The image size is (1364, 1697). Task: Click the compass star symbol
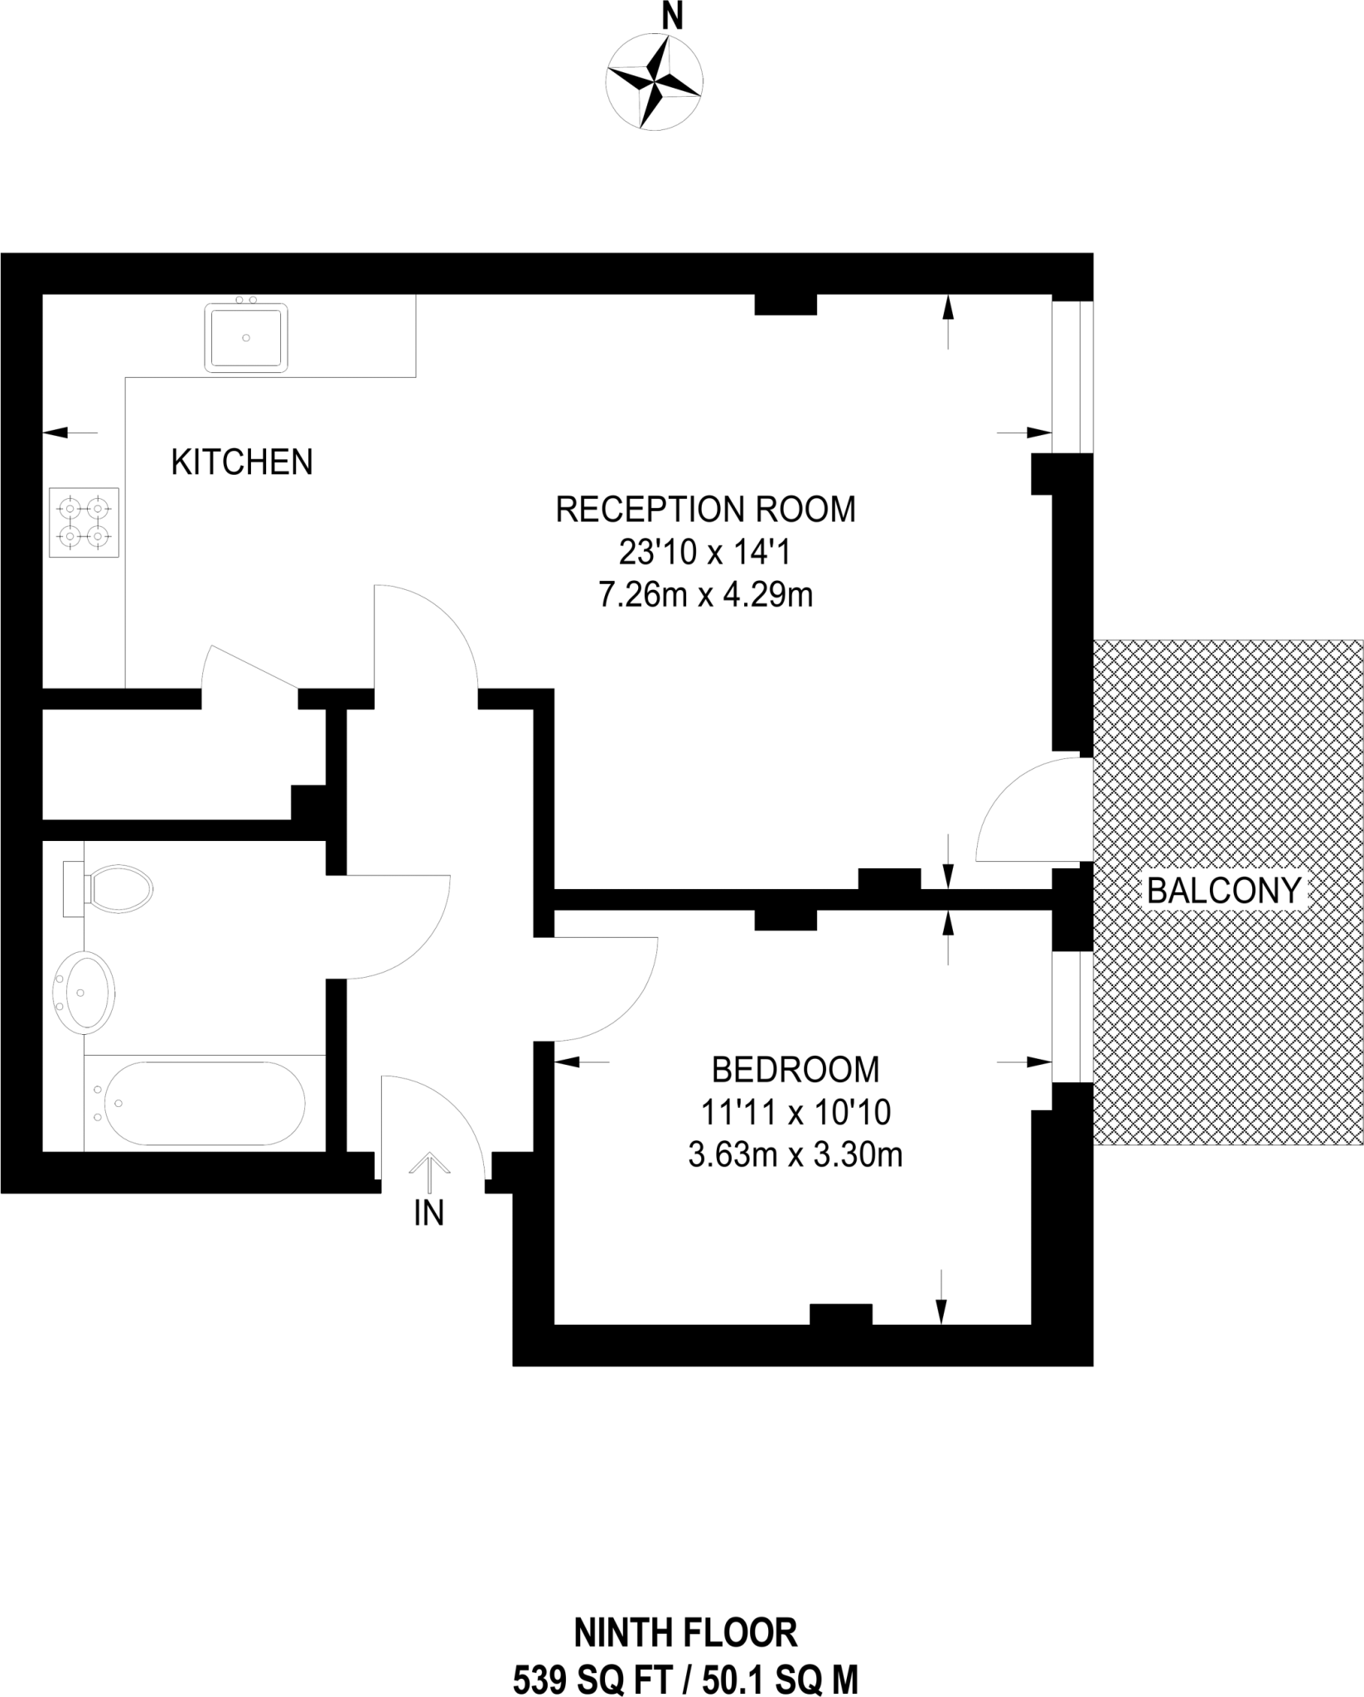tap(655, 82)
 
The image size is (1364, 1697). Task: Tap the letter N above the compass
tap(672, 17)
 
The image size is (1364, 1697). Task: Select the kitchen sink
tap(246, 337)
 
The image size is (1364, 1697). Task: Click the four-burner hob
tap(84, 523)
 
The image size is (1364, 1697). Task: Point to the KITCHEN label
tap(242, 462)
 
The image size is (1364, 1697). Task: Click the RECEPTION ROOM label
tap(705, 510)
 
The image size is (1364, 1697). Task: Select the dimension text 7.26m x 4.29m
tap(705, 595)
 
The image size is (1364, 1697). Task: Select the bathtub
tap(203, 1103)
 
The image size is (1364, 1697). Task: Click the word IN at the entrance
tap(429, 1214)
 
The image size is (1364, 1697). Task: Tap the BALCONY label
tap(1224, 891)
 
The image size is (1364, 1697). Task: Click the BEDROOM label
tap(795, 1070)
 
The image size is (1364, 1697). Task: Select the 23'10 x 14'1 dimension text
tap(705, 552)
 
